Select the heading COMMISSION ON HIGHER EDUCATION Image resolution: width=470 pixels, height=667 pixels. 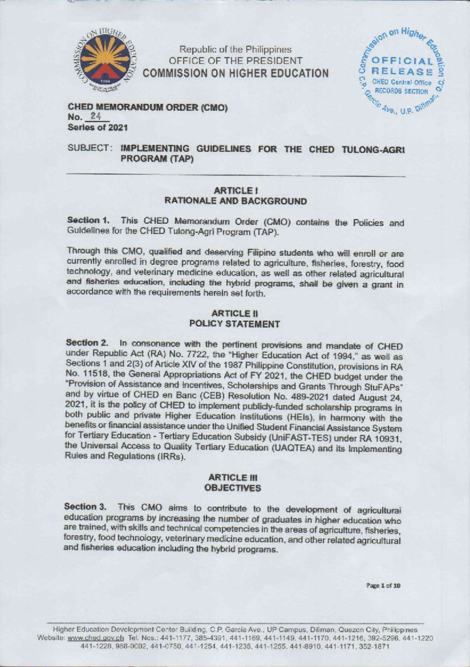pos(236,73)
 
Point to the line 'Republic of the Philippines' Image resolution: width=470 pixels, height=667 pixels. pos(235,50)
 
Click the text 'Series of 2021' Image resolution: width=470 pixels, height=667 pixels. pos(98,128)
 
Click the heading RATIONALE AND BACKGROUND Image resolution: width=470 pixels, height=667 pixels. pos(235,201)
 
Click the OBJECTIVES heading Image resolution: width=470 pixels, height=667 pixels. pos(233,488)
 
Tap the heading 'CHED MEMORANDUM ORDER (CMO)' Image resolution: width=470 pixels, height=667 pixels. pos(148,107)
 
